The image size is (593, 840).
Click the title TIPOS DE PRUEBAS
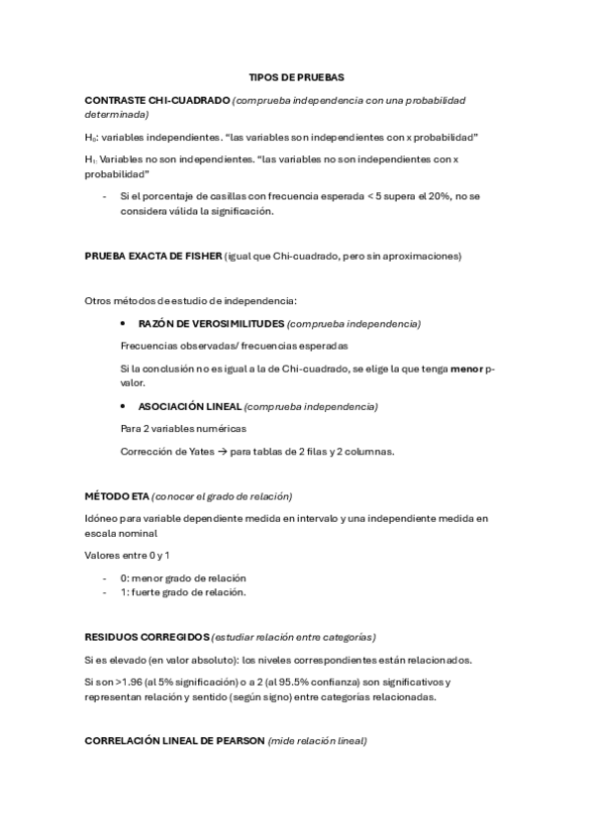click(x=296, y=76)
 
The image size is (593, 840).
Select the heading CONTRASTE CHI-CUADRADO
click(x=157, y=101)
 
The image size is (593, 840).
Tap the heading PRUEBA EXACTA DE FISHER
click(x=153, y=257)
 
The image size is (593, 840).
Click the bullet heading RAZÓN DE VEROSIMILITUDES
click(x=211, y=324)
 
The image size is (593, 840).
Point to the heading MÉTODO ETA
click(x=117, y=495)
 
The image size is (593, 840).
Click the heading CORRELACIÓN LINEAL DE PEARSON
click(x=175, y=740)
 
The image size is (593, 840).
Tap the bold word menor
click(x=465, y=368)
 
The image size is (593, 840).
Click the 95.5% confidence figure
click(x=331, y=682)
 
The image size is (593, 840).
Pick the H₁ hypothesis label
click(x=92, y=159)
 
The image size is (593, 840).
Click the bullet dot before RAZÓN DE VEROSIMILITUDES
click(x=122, y=324)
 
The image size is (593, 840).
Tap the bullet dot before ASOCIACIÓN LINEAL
click(x=122, y=406)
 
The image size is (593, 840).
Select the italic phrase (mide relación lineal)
click(x=317, y=740)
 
